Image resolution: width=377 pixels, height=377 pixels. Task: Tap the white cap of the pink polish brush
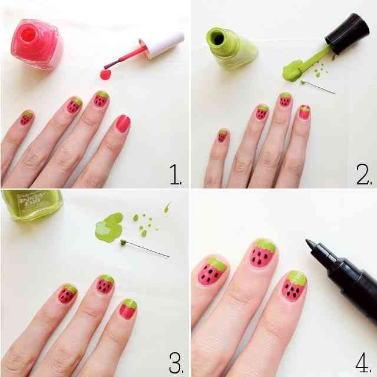tap(163, 45)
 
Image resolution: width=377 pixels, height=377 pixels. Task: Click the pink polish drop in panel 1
tap(105, 75)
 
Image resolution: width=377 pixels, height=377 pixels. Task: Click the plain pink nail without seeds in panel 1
tap(123, 123)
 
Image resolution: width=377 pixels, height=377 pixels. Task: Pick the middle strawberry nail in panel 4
tap(262, 253)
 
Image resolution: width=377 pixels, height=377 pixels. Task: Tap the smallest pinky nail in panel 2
tap(222, 136)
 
